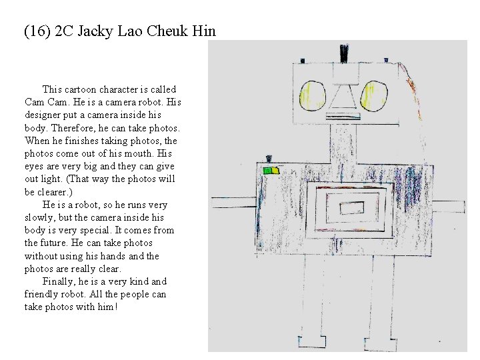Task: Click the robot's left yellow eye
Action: tap(311, 97)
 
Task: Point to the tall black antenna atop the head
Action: tap(344, 53)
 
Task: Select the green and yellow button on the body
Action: tap(270, 171)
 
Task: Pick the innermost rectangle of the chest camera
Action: tap(349, 209)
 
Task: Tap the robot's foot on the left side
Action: tap(311, 341)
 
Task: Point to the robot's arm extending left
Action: tap(234, 200)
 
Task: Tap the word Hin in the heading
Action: tap(205, 31)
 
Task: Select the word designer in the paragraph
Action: tap(45, 115)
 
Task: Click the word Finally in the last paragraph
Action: tap(60, 281)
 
